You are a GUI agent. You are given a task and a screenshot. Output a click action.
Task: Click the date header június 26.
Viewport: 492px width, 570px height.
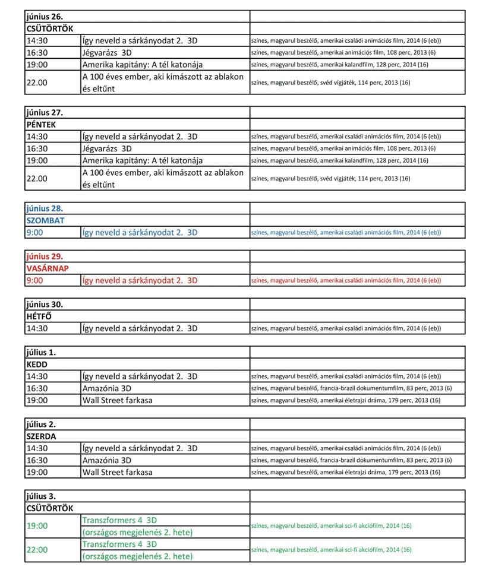click(x=45, y=16)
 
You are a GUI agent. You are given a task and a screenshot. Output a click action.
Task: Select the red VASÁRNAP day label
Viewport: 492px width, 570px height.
click(x=48, y=268)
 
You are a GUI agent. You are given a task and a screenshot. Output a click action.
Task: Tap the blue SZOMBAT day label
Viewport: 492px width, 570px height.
click(x=46, y=220)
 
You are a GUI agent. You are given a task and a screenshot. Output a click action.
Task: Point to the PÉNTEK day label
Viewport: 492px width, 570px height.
click(x=42, y=124)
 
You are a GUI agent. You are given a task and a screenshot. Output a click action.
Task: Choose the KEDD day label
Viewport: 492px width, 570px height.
click(x=37, y=365)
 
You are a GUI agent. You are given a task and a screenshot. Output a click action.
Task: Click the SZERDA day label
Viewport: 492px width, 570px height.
click(x=41, y=436)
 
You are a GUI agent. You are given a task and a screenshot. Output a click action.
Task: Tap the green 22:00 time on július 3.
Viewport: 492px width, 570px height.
click(x=37, y=550)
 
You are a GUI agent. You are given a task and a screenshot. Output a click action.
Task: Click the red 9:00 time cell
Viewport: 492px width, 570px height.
click(x=35, y=280)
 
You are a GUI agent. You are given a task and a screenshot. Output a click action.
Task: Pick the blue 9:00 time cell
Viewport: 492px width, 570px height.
click(x=35, y=232)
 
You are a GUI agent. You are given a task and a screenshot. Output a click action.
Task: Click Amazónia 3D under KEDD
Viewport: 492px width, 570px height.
click(x=107, y=388)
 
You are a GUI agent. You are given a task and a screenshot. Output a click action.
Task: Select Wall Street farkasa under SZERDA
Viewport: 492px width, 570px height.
click(x=118, y=472)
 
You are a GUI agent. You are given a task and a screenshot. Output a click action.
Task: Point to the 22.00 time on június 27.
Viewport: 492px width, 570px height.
click(x=37, y=178)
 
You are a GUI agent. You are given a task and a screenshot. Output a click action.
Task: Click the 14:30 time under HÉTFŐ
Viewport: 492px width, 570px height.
click(x=37, y=328)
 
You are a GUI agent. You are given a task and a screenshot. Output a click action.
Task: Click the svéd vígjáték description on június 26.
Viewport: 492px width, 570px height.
click(x=330, y=83)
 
